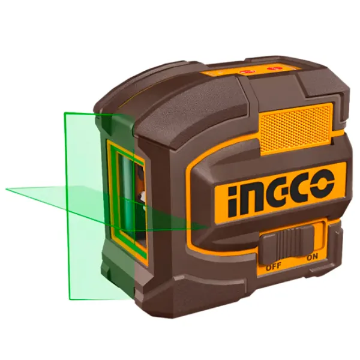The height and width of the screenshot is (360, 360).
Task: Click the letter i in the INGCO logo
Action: click(x=232, y=202)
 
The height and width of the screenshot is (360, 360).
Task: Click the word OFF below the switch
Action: click(x=274, y=266)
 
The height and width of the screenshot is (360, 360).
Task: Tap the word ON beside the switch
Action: click(x=313, y=257)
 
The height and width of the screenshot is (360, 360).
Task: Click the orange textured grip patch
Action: click(x=296, y=128)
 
